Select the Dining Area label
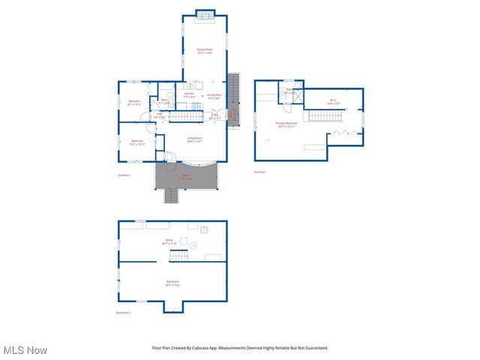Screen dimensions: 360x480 214,96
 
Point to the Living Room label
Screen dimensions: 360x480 195,139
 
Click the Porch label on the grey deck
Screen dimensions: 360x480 185,177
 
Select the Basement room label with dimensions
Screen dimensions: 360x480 172,283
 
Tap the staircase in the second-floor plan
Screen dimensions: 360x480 325,115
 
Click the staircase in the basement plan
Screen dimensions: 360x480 178,256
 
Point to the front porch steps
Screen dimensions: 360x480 172,196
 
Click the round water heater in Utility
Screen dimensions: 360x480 193,245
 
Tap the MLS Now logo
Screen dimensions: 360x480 25,350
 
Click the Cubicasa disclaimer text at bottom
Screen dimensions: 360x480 240,348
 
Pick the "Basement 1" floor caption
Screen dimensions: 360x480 124,312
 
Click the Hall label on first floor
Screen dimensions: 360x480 159,115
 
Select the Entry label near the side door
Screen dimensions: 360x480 214,116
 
